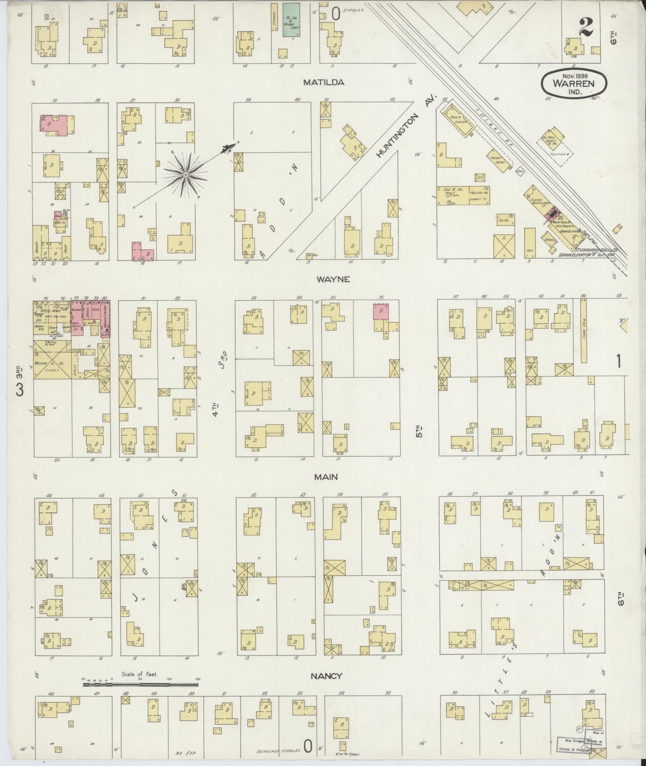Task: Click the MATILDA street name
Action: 324,82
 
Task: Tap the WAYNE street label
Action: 333,279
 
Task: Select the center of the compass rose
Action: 186,175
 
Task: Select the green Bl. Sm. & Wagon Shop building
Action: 292,20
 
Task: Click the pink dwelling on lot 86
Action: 380,311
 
